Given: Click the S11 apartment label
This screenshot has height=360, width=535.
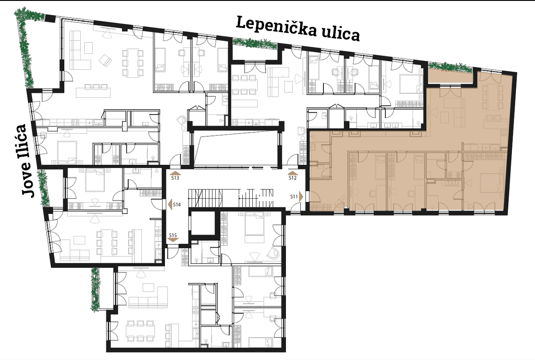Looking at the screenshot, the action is [294, 197].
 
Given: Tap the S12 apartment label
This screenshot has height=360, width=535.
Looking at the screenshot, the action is [293, 178].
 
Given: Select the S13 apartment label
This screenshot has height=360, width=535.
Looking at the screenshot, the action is [175, 178].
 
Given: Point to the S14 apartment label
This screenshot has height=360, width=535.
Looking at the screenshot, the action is [177, 205].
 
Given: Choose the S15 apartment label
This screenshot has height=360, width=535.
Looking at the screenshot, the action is [173, 235].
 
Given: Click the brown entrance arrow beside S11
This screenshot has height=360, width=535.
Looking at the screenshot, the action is [301, 197].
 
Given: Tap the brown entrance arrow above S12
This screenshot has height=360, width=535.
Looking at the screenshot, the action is [293, 173].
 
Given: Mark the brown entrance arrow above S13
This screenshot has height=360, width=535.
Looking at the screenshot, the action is [175, 173].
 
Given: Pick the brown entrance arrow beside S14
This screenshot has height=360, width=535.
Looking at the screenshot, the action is [169, 205].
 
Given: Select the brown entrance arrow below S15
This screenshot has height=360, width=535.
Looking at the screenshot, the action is [173, 240].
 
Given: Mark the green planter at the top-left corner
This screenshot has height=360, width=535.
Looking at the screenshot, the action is [26, 44].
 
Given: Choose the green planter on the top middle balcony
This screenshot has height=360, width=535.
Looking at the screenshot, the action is [255, 43].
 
